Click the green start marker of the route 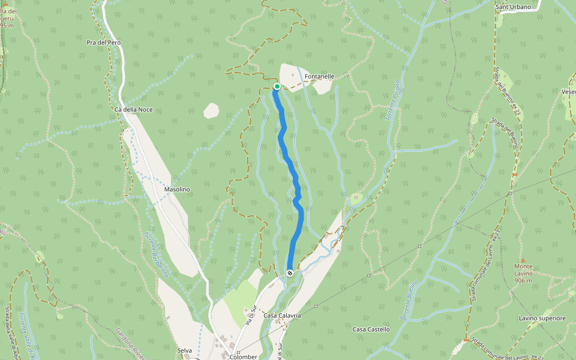277,86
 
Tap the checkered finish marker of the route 290,273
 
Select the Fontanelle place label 319,77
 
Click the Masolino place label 177,190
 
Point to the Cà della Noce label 133,109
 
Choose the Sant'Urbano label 513,7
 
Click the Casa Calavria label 282,316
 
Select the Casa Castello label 371,329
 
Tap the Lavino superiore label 542,318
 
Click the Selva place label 184,350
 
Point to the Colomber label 244,356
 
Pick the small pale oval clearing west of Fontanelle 211,110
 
